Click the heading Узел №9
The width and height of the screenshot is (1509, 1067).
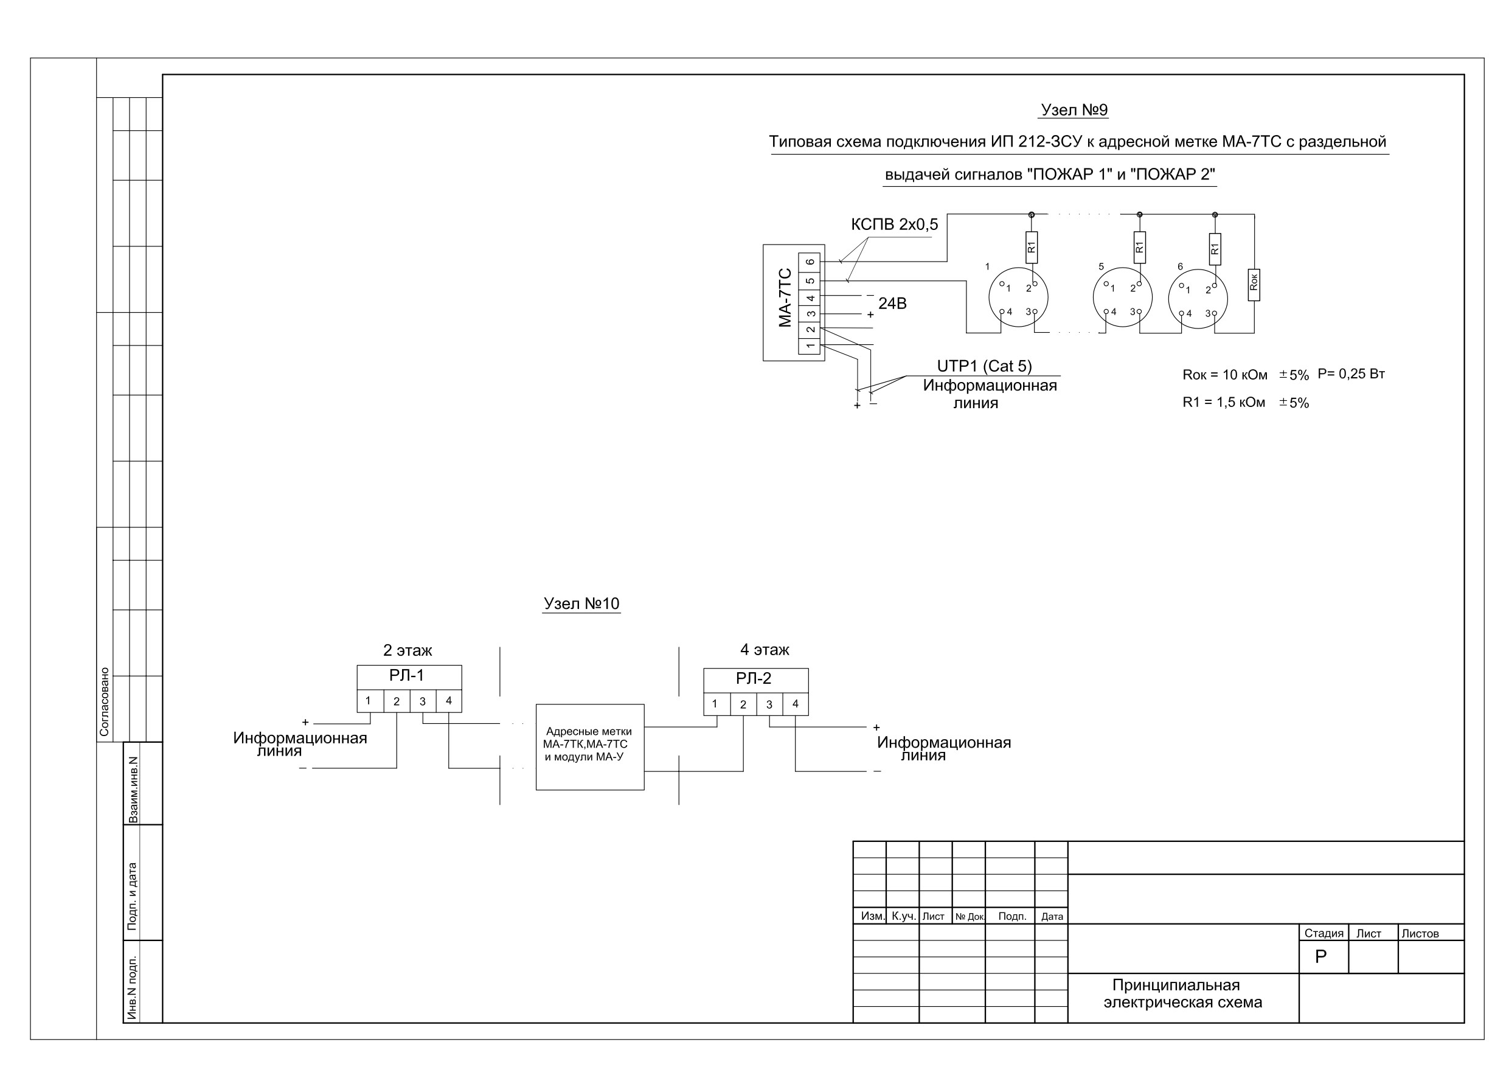1074,109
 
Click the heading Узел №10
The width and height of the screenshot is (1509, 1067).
581,603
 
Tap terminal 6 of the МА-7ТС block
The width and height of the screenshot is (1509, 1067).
810,262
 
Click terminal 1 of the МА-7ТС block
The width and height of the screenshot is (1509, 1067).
810,345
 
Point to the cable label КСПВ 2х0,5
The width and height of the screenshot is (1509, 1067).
895,225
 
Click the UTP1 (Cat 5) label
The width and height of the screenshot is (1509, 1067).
985,366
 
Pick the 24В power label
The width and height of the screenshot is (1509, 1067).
892,304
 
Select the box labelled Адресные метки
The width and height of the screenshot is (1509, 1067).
589,747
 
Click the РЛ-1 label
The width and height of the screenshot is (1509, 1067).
407,675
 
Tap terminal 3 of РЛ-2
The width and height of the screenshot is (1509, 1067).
769,704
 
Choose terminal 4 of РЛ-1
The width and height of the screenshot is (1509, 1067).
449,701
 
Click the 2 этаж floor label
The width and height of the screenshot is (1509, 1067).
408,651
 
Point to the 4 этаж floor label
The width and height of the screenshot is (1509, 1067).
765,650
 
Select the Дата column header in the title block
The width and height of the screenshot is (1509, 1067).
1052,917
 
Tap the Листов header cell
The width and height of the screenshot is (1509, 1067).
1420,934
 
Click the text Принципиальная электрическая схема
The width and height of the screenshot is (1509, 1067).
1183,994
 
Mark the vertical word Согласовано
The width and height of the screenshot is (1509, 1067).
105,702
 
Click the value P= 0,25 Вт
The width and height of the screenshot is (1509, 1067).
1351,374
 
